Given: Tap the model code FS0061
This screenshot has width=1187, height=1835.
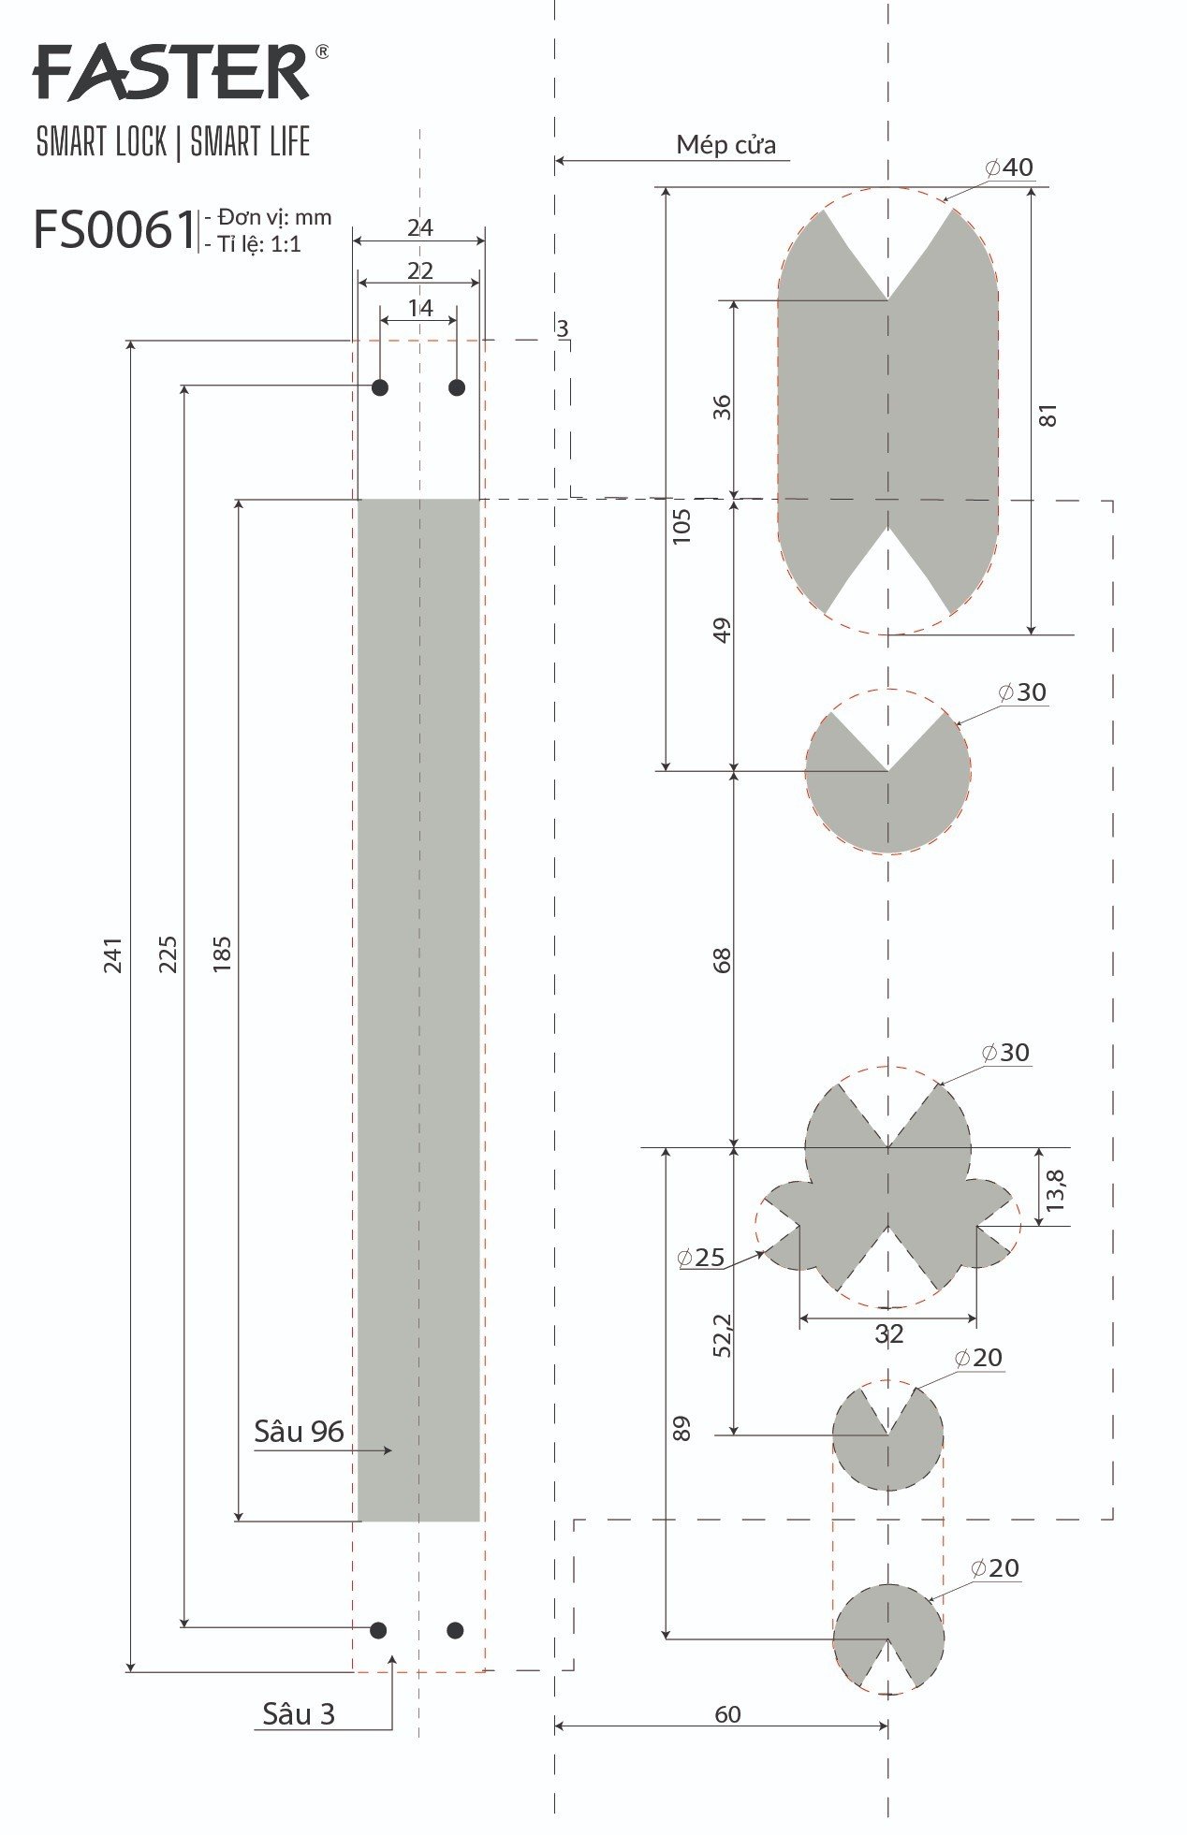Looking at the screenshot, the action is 114,229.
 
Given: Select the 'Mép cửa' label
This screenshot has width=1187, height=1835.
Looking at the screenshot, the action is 726,145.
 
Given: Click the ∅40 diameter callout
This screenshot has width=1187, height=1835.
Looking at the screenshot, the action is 1009,167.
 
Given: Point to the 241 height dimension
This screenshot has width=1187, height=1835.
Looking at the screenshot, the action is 113,954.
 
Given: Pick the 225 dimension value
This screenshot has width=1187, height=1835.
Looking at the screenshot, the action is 168,954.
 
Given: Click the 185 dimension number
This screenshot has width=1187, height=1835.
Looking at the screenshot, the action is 222,954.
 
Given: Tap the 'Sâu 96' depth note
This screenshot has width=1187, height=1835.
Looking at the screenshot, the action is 299,1431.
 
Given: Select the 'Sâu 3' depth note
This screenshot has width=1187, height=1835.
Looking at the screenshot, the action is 298,1713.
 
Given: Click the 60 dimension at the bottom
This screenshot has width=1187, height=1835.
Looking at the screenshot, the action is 727,1713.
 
